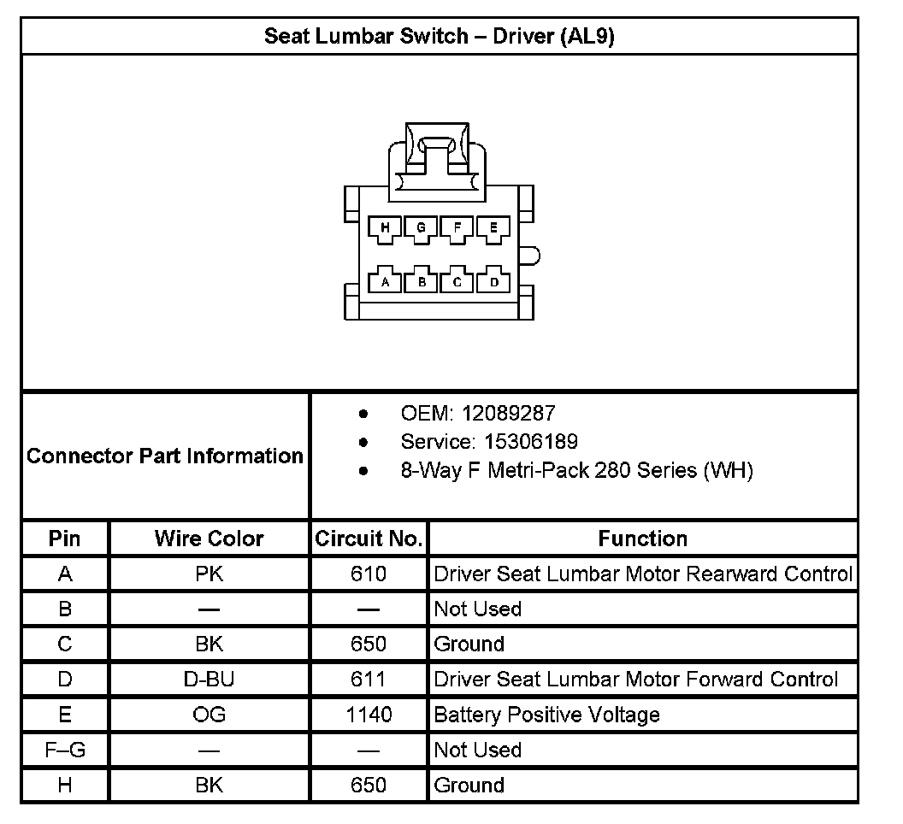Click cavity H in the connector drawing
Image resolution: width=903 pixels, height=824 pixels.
(x=386, y=227)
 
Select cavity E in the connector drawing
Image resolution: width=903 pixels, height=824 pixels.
(x=493, y=227)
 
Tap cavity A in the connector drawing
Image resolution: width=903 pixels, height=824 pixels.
(x=386, y=281)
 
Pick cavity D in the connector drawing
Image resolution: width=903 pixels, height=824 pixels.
(x=493, y=281)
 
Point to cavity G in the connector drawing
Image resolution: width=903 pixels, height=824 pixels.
(x=422, y=227)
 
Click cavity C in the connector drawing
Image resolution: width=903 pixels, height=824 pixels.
(x=457, y=281)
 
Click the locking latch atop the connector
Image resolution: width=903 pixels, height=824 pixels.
(x=438, y=150)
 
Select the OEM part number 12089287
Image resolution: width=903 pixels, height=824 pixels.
(x=508, y=414)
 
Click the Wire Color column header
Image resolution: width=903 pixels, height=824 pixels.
(x=209, y=539)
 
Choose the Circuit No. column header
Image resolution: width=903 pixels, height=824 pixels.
(x=369, y=539)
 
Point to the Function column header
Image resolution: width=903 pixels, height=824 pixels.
(x=642, y=539)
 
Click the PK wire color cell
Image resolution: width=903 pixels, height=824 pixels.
(x=209, y=574)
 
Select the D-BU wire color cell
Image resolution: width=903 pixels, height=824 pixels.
(x=209, y=680)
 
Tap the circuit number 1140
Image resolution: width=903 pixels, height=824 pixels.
(x=369, y=715)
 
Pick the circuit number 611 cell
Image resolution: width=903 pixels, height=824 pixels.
(x=369, y=680)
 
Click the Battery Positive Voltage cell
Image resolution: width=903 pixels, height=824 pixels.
(x=547, y=715)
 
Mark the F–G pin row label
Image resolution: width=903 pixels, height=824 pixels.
(x=65, y=750)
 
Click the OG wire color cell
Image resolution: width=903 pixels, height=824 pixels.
(x=209, y=715)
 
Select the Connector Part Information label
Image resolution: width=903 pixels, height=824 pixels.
(x=165, y=456)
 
